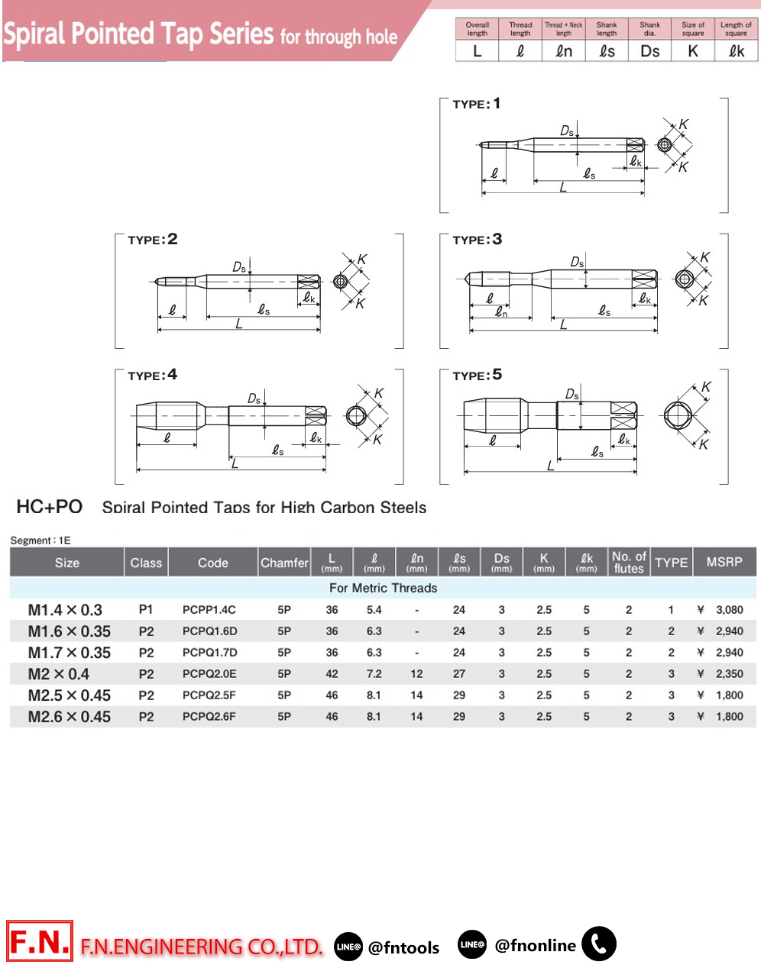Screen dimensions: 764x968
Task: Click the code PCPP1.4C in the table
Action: (209, 609)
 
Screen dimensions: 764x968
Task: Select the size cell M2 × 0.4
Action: (59, 674)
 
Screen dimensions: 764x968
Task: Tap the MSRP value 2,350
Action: (730, 674)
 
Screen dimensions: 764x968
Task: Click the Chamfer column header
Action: (284, 563)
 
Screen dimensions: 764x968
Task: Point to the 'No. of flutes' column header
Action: (629, 563)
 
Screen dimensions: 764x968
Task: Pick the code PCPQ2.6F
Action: (209, 716)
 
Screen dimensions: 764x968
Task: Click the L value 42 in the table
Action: (332, 674)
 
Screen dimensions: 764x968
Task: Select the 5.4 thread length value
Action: (374, 609)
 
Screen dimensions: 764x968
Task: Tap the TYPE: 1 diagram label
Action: (476, 104)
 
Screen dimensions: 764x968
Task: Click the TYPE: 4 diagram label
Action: (152, 375)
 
